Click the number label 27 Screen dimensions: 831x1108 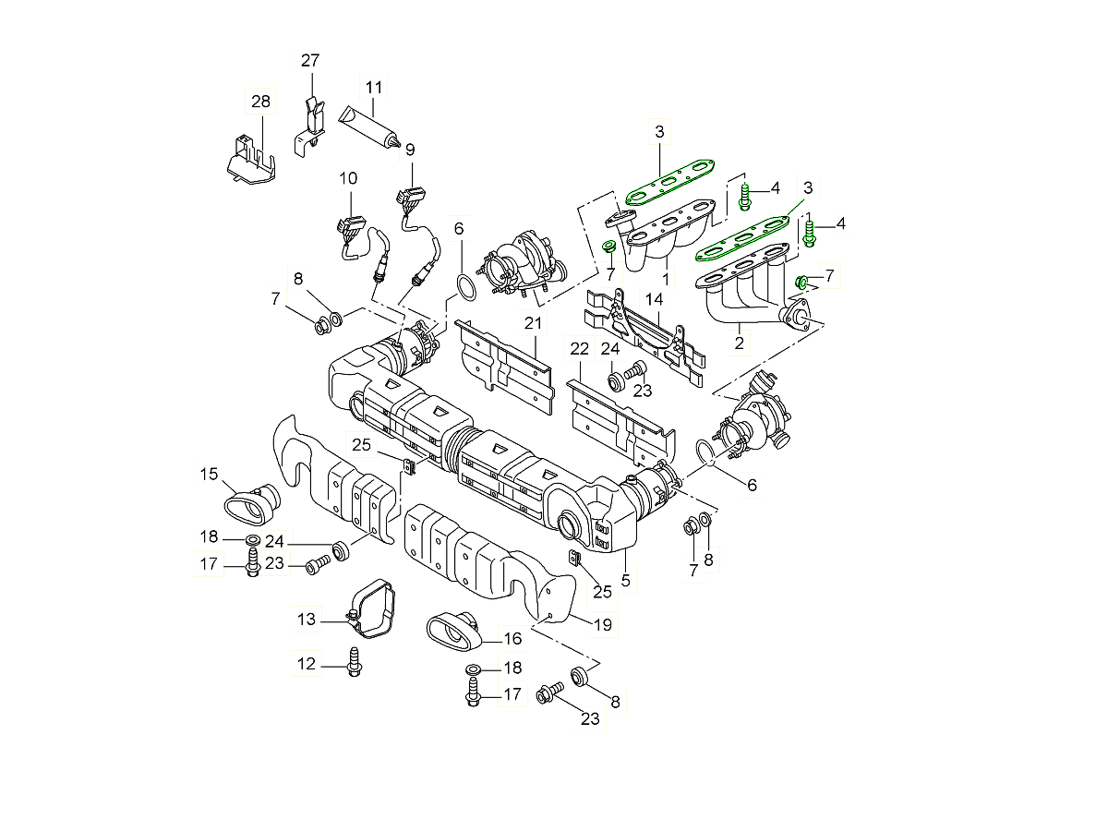pos(309,61)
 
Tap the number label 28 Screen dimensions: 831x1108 pos(260,101)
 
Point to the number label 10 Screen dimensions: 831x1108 pos(347,177)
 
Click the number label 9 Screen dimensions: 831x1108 pos(409,149)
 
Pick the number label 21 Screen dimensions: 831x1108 pos(533,322)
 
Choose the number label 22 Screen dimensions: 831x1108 pos(579,349)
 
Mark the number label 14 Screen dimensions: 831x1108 pos(654,300)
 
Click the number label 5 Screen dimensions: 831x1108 pos(625,581)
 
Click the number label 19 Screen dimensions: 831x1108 pos(601,625)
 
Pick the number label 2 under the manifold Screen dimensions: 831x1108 pos(738,343)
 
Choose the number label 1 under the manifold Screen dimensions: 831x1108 pos(666,277)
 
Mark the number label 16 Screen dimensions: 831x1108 pos(512,638)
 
